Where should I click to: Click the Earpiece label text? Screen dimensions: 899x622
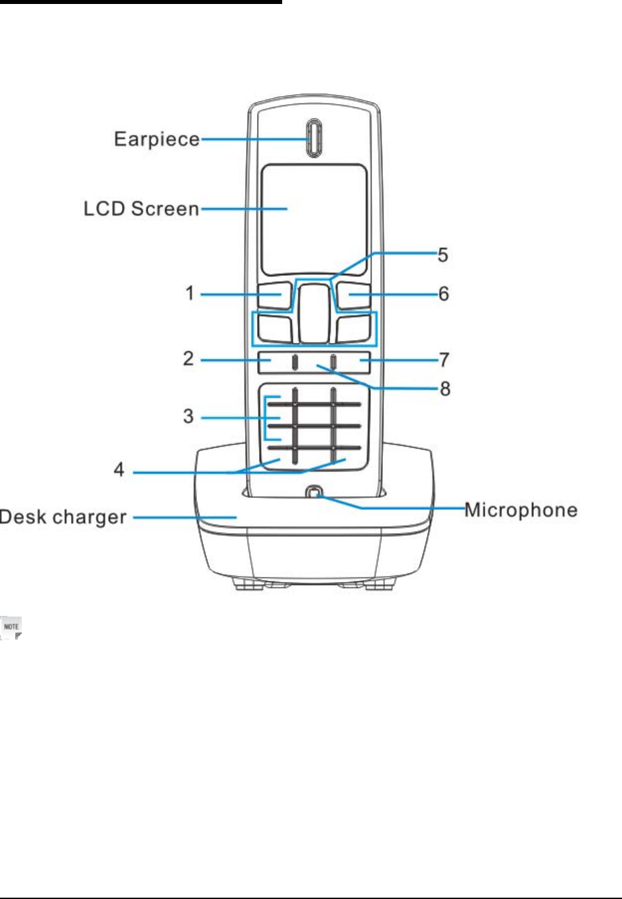pyautogui.click(x=156, y=139)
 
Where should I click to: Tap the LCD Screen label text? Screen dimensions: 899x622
pyautogui.click(x=141, y=209)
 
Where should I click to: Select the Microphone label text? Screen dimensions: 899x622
pyautogui.click(x=521, y=510)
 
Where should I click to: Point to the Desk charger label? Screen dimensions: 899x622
pyautogui.click(x=63, y=517)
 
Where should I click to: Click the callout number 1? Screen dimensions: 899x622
pyautogui.click(x=190, y=293)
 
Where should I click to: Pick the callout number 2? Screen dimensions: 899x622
pyautogui.click(x=189, y=359)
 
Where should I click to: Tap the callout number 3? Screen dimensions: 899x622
pyautogui.click(x=189, y=416)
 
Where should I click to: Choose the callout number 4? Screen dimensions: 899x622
pyautogui.click(x=119, y=470)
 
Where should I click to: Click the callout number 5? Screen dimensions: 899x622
pyautogui.click(x=443, y=255)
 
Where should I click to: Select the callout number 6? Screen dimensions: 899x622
pyautogui.click(x=444, y=293)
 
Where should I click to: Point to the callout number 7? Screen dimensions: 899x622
pyautogui.click(x=444, y=360)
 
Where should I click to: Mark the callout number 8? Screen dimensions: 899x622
pyautogui.click(x=445, y=389)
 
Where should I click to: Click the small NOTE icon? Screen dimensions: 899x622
pyautogui.click(x=12, y=627)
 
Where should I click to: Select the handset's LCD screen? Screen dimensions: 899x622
pyautogui.click(x=314, y=219)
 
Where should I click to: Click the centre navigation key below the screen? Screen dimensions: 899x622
pyautogui.click(x=314, y=313)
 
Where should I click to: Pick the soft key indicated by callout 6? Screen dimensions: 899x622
pyautogui.click(x=352, y=296)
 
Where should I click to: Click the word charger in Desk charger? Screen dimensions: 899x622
pyautogui.click(x=88, y=517)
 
